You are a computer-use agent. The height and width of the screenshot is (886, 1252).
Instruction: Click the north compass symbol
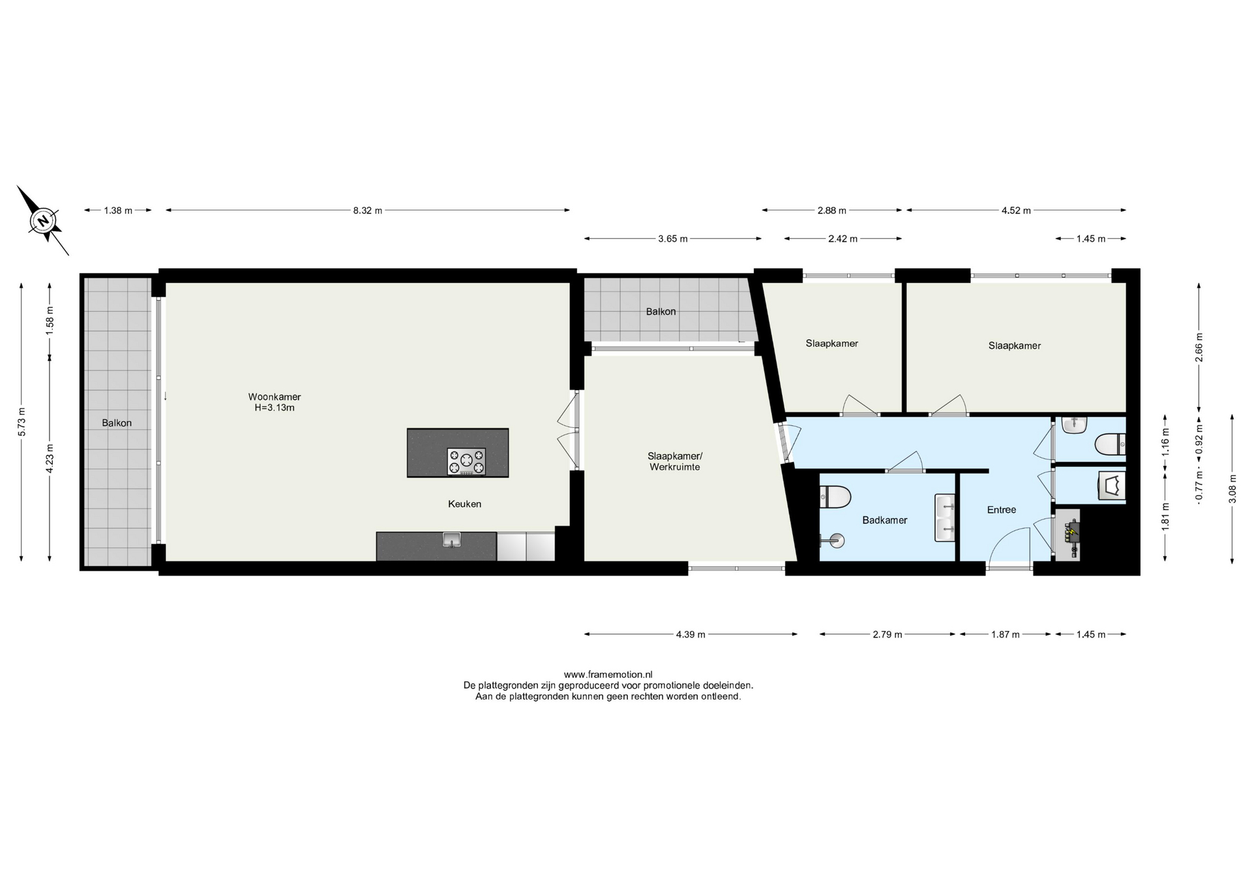coord(43,221)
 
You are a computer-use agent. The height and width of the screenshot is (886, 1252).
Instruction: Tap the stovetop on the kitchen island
coord(466,461)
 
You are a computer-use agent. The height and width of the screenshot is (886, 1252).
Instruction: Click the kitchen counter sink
coord(451,540)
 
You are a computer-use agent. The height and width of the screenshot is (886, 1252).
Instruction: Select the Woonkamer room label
coord(275,397)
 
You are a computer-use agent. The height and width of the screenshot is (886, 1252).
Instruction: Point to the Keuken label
coord(464,504)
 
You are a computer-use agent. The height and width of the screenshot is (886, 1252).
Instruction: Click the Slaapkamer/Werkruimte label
coord(675,461)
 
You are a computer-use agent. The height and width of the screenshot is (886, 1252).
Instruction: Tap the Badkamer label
coord(885,520)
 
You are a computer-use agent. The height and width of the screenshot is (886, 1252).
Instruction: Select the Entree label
coord(1002,510)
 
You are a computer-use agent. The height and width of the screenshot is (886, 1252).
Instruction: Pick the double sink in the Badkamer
coord(945,517)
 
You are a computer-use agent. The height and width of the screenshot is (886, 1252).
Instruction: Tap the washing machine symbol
coord(1112,486)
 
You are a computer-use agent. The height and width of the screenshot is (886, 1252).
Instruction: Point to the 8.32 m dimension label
coord(368,210)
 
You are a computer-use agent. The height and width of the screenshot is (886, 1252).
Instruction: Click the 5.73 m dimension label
coord(22,421)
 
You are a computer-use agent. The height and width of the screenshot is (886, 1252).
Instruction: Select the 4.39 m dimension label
coord(691,634)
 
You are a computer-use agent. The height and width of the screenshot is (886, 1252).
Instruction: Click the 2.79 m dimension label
coord(887,634)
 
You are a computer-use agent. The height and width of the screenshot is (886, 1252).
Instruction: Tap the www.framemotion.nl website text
coord(608,675)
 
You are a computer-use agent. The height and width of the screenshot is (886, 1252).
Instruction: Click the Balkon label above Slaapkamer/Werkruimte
coord(661,312)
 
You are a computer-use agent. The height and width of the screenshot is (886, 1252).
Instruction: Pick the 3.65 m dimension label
coord(673,239)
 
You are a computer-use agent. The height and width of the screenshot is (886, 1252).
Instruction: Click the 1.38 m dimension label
coord(118,210)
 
